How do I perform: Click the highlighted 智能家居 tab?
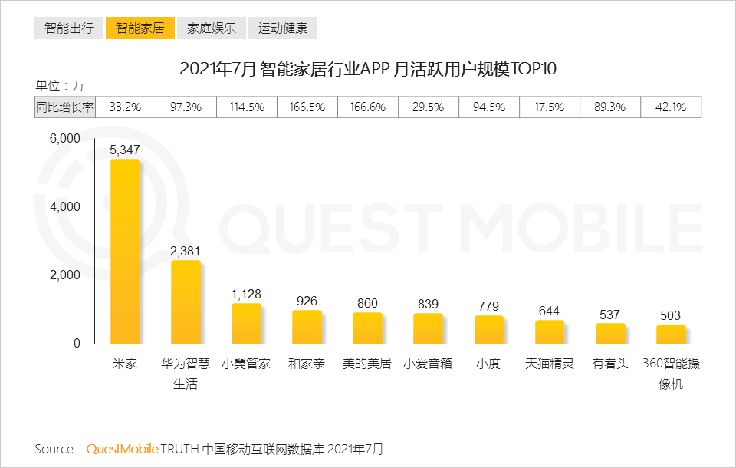[140, 28]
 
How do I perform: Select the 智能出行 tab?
[69, 28]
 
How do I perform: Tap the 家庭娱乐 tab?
[212, 28]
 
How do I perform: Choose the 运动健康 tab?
[283, 28]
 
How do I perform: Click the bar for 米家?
[125, 252]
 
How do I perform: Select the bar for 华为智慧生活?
[186, 302]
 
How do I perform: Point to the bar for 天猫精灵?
[549, 332]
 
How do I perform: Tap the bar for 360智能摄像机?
[671, 335]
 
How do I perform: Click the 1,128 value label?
[246, 294]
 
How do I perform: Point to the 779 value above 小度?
[488, 306]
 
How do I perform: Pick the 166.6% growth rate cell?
[367, 107]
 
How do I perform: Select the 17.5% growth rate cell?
[549, 107]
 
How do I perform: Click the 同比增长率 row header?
[64, 107]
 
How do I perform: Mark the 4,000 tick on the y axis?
[65, 206]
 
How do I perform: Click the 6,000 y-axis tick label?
[65, 139]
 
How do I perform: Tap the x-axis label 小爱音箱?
[428, 363]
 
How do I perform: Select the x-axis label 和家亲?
[307, 363]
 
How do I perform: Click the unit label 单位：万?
[60, 85]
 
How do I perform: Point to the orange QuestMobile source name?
[122, 450]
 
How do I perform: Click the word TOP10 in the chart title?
[534, 69]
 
